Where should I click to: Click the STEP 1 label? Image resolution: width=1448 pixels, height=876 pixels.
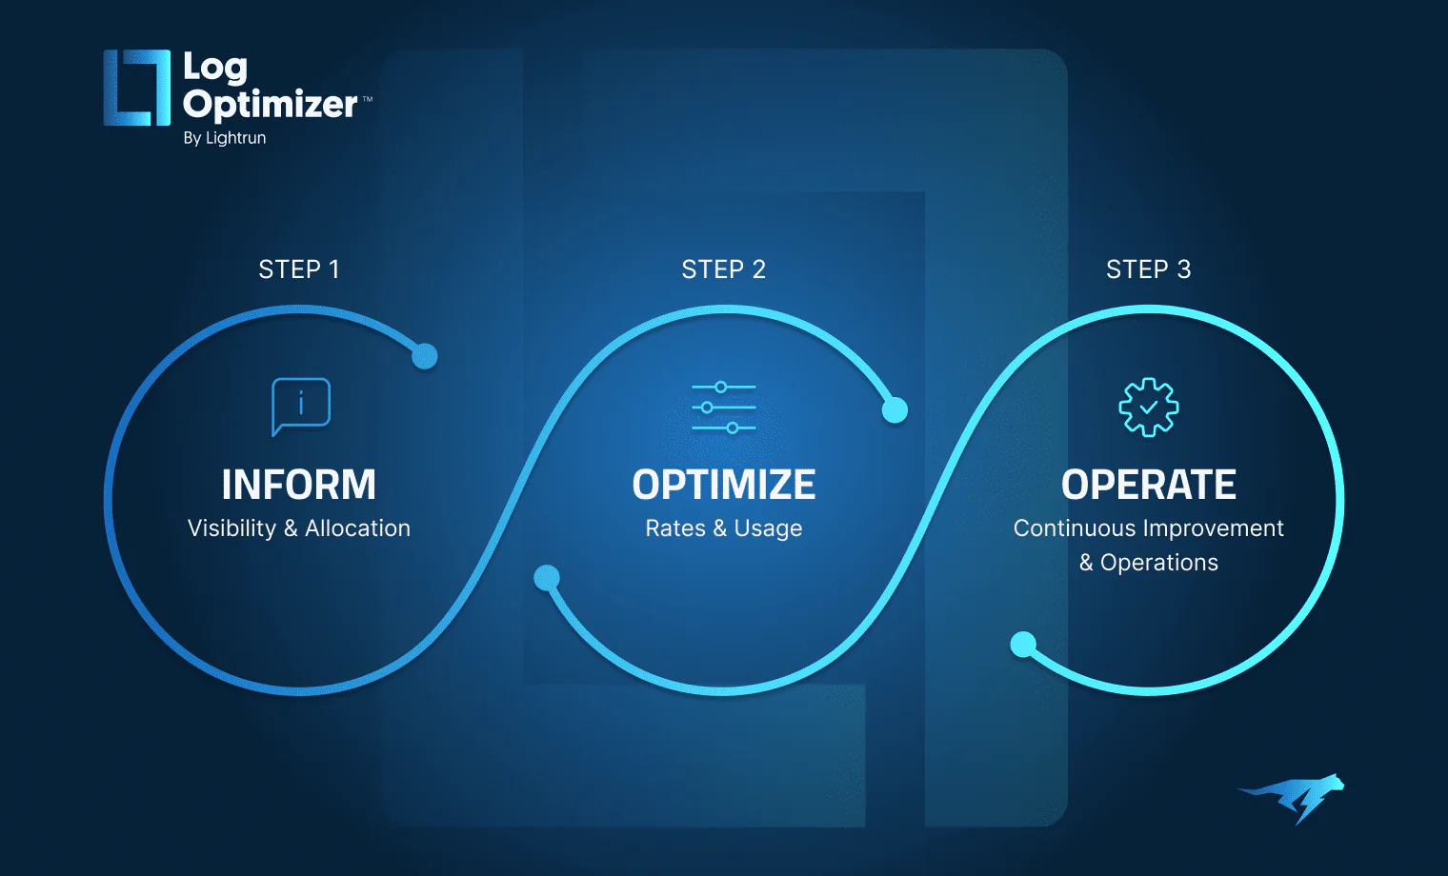299,269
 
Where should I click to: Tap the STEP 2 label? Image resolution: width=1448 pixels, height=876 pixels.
723,269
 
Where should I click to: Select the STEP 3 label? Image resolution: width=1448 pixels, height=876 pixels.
1148,269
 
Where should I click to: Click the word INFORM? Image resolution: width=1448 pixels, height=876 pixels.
299,485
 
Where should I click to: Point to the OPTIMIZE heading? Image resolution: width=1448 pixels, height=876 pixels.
724,485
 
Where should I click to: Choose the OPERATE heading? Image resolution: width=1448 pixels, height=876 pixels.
1149,485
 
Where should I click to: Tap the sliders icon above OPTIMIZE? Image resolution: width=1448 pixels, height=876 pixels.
724,408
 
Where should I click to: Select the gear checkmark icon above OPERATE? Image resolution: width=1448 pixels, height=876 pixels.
1149,408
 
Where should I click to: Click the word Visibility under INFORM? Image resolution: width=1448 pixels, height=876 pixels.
231,528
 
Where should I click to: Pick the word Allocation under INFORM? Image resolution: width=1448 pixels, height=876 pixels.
357,528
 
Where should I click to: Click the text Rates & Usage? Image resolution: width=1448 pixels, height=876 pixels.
724,528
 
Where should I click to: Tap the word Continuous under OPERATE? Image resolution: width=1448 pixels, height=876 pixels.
1075,528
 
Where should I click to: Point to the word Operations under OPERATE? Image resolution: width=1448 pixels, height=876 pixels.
1159,563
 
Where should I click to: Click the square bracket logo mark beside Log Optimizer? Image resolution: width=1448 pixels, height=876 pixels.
137,88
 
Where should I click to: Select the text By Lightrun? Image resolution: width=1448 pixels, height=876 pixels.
225,138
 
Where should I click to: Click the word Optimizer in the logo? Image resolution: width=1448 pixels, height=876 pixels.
271,104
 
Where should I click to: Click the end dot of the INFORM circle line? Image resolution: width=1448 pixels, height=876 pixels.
425,356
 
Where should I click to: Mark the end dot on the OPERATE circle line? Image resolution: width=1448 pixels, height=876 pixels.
1023,645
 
